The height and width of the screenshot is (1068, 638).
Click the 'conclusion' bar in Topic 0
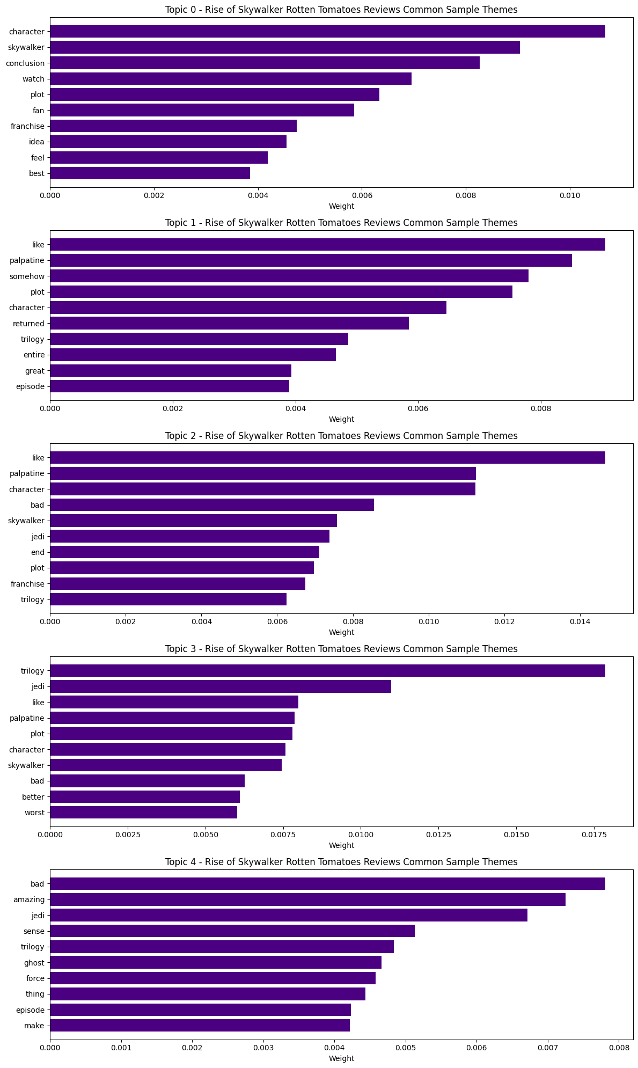(265, 63)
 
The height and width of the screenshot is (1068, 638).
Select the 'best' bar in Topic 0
(150, 173)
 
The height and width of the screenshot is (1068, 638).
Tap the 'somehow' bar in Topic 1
(289, 276)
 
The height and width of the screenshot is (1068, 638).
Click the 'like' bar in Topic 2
(327, 458)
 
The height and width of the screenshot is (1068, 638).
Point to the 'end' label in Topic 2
(38, 552)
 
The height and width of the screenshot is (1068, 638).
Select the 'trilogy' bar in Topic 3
(327, 671)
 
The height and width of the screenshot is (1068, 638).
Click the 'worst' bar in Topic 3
(144, 813)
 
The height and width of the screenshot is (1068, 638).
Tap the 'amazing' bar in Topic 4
(307, 899)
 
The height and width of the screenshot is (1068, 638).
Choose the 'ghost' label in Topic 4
(34, 963)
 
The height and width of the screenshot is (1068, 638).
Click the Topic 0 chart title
(341, 10)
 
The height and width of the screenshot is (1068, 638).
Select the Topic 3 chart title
(341, 649)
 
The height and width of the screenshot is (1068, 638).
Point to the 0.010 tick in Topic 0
(569, 196)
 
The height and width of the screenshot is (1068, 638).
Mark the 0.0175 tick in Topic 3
(594, 835)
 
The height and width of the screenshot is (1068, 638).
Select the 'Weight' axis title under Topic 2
(341, 632)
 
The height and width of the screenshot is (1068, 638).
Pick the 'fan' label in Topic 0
(39, 111)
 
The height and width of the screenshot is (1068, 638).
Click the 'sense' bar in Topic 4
(232, 931)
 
